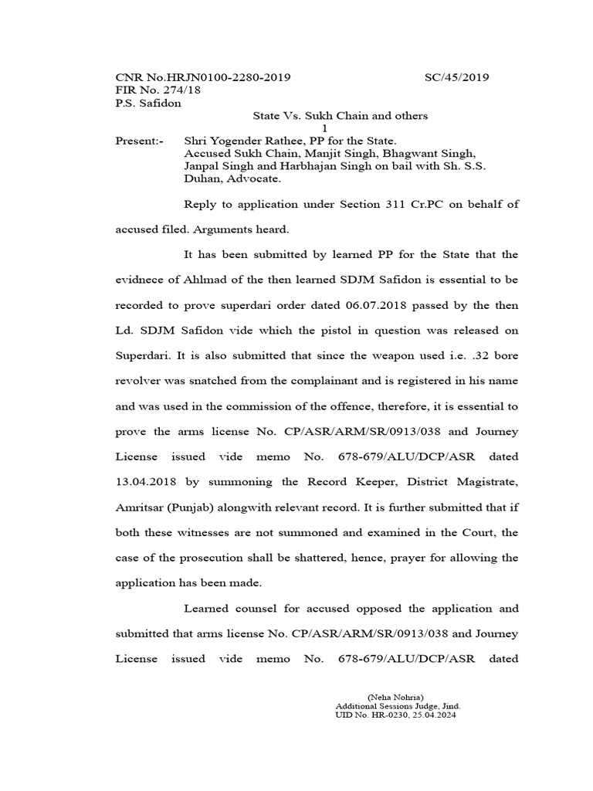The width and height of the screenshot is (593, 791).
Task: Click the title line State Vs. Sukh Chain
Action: pyautogui.click(x=341, y=116)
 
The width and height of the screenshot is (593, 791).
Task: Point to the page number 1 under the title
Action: pyautogui.click(x=325, y=128)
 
